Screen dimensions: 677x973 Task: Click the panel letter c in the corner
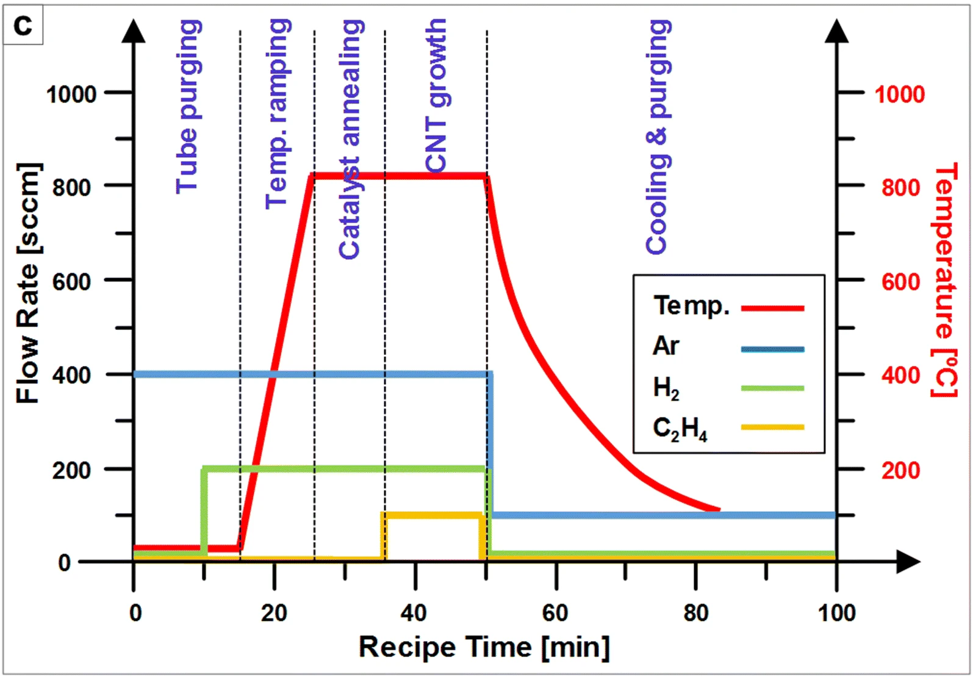click(23, 26)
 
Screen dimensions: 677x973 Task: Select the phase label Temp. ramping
click(278, 114)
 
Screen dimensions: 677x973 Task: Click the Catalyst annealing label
click(351, 140)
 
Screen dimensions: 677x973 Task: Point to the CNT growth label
click(436, 96)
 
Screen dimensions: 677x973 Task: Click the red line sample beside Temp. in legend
click(772, 308)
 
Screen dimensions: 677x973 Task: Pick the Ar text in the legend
click(666, 346)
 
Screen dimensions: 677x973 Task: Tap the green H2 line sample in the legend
click(772, 388)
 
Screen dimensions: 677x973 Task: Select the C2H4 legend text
click(680, 428)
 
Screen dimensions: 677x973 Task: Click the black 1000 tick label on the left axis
click(71, 95)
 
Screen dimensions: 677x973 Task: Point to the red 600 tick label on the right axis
click(900, 282)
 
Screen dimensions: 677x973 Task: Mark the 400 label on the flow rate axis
click(71, 375)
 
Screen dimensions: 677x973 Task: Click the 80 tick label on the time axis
click(695, 612)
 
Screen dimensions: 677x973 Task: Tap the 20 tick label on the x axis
click(274, 612)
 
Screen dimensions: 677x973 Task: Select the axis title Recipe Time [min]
click(484, 647)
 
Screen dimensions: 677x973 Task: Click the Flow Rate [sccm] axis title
click(27, 284)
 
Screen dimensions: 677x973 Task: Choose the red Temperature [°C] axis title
click(945, 281)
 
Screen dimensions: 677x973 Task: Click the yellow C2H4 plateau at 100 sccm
click(433, 515)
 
